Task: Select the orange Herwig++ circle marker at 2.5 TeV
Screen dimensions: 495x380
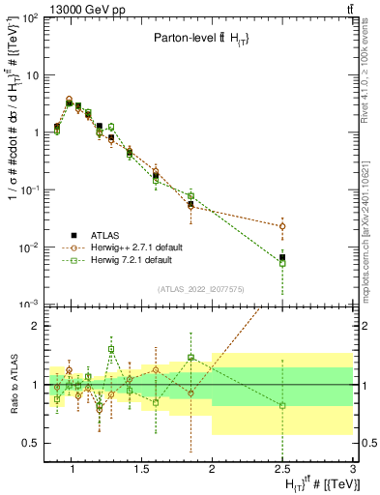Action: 282,226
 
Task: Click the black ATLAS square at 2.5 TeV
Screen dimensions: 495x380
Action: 282,257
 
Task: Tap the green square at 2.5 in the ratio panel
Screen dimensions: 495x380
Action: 282,406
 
